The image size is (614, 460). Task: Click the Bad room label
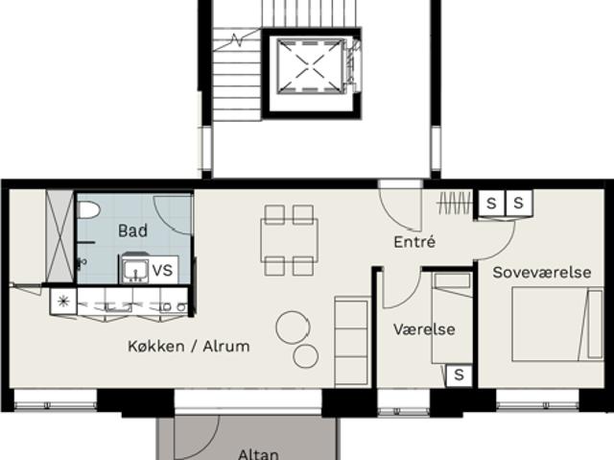click(132, 230)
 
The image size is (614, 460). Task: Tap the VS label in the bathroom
click(162, 271)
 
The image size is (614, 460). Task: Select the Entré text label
click(414, 242)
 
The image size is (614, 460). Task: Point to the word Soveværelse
click(541, 273)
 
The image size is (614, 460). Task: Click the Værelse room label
click(424, 329)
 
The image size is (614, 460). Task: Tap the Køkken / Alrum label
click(189, 346)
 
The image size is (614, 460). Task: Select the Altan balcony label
click(258, 454)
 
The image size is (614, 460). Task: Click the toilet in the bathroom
click(87, 210)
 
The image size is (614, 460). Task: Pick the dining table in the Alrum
click(290, 240)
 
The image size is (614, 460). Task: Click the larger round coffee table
click(293, 327)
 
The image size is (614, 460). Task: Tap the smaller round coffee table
click(305, 356)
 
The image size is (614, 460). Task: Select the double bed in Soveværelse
click(557, 324)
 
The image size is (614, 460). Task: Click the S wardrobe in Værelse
click(459, 375)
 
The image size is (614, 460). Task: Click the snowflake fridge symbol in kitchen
click(63, 301)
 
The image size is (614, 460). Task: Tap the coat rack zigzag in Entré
click(455, 203)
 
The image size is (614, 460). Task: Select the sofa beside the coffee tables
click(351, 341)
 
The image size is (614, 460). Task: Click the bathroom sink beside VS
click(135, 271)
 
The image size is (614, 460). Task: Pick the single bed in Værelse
click(452, 318)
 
